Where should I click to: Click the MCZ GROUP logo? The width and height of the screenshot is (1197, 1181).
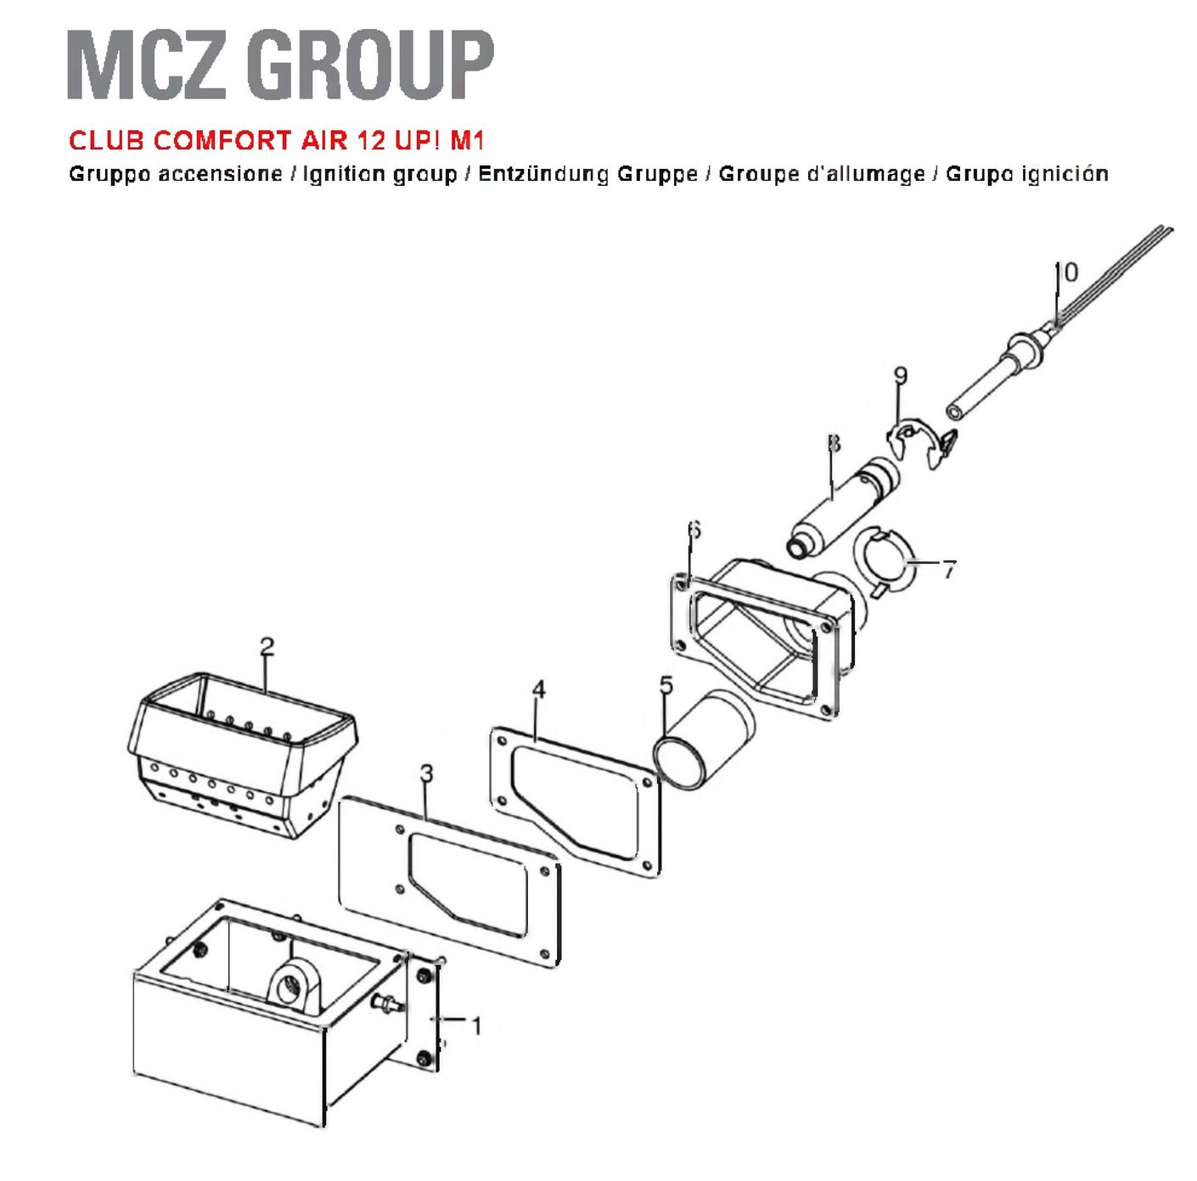280,65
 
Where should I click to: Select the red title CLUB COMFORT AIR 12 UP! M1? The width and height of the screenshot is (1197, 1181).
277,140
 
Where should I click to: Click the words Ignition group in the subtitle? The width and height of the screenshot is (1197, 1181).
379,175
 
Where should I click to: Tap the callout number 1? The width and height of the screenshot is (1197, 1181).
476,1027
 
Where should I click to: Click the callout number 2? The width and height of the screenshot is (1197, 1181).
267,647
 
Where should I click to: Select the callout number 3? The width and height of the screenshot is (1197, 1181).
426,773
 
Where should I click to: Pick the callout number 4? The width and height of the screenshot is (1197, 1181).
538,689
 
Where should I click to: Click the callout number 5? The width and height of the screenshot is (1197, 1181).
666,685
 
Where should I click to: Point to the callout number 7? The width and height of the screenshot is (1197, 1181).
948,569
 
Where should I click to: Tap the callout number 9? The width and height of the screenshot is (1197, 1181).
901,375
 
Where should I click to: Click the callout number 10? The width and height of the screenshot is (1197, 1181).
1066,272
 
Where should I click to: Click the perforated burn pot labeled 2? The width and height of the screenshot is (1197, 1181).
241,755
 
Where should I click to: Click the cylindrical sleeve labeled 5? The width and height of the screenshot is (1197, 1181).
704,740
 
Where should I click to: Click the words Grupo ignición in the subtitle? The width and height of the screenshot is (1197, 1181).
1027,175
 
